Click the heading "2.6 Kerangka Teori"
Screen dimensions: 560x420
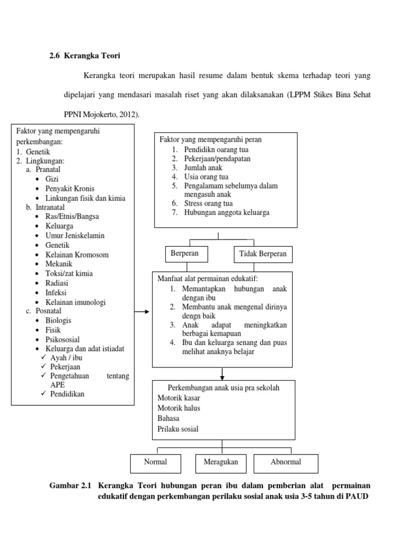click(x=84, y=56)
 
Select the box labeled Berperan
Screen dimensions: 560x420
click(x=184, y=254)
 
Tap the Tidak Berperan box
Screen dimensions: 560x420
click(x=263, y=255)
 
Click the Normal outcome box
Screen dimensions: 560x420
click(x=155, y=463)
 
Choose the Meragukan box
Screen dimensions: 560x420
click(x=217, y=463)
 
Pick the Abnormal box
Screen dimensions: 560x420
click(x=285, y=463)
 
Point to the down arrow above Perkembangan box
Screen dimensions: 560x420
click(x=223, y=374)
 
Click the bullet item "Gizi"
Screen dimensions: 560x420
click(x=52, y=179)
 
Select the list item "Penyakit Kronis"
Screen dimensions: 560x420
click(x=70, y=189)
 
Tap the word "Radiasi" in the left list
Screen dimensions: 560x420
click(x=57, y=283)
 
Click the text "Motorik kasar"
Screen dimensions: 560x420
click(x=178, y=398)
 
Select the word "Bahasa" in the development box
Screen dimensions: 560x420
click(x=168, y=418)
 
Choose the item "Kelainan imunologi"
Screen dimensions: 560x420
click(x=75, y=302)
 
